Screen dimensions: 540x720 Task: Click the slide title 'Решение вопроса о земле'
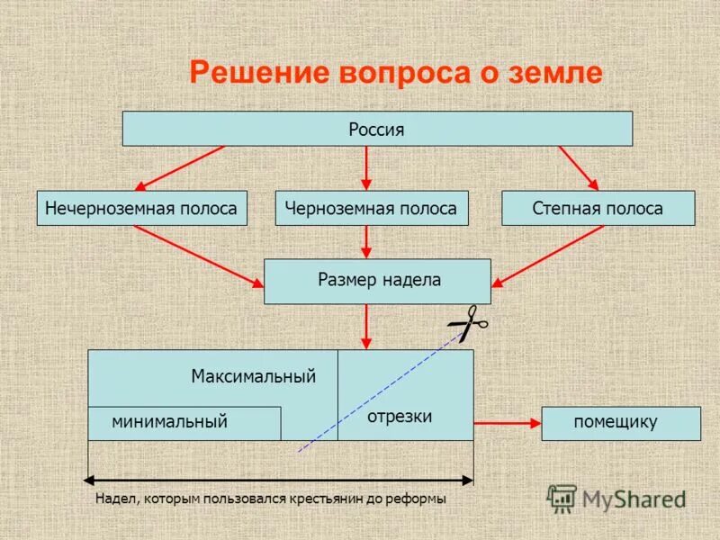click(395, 73)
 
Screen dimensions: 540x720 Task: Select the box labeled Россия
click(377, 129)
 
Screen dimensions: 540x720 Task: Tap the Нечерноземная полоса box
click(141, 208)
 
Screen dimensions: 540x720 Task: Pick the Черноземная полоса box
click(371, 208)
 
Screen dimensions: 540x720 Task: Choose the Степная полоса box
click(598, 208)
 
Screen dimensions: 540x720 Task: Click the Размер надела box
click(377, 281)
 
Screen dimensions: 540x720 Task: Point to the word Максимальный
click(253, 376)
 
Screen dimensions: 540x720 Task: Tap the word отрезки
click(400, 417)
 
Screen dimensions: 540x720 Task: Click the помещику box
click(620, 423)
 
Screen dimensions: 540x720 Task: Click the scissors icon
click(468, 323)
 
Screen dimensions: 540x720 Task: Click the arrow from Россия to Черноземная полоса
click(366, 168)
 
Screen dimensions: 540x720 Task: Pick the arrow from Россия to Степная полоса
click(578, 167)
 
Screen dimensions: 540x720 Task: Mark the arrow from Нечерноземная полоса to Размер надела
click(198, 256)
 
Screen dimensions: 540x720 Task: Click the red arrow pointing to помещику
click(506, 421)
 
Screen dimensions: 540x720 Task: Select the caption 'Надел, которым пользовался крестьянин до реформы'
click(270, 499)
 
